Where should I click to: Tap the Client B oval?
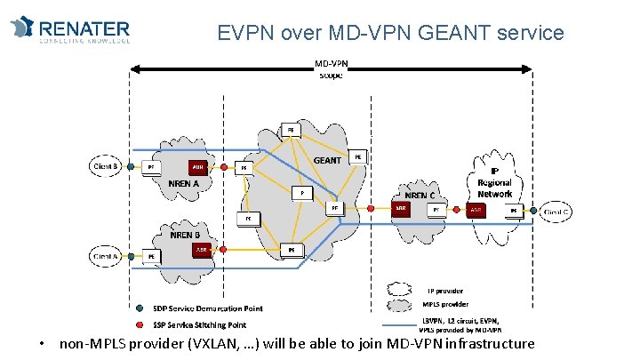(x=106, y=165)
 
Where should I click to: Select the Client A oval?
(x=106, y=256)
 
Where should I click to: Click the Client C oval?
(x=556, y=212)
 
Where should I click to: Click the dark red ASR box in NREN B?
(x=201, y=250)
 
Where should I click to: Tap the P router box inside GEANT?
(x=301, y=191)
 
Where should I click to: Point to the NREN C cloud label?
(x=420, y=195)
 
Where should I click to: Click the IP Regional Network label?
(x=494, y=182)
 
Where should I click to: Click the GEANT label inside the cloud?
(x=327, y=161)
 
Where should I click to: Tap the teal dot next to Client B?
(x=130, y=165)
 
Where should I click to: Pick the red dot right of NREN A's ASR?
(x=221, y=166)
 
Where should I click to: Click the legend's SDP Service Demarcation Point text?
(x=207, y=308)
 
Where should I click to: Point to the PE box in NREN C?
(x=436, y=211)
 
